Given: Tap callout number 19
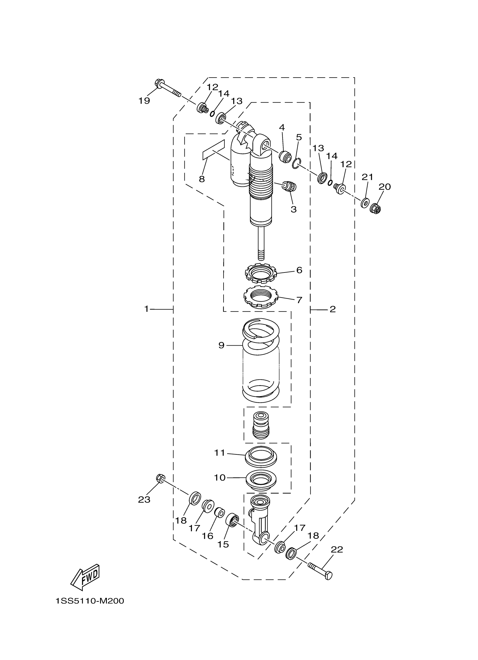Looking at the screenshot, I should coord(144,101).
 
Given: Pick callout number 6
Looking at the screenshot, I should coord(299,270).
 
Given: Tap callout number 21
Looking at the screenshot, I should coord(367,177).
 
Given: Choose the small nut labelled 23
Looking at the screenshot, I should coord(160,478).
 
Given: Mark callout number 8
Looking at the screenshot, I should coord(202,179).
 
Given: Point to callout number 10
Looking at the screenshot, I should coord(220,477).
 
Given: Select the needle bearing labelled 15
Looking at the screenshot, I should coord(233,520).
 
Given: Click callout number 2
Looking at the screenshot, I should coord(333,309).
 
